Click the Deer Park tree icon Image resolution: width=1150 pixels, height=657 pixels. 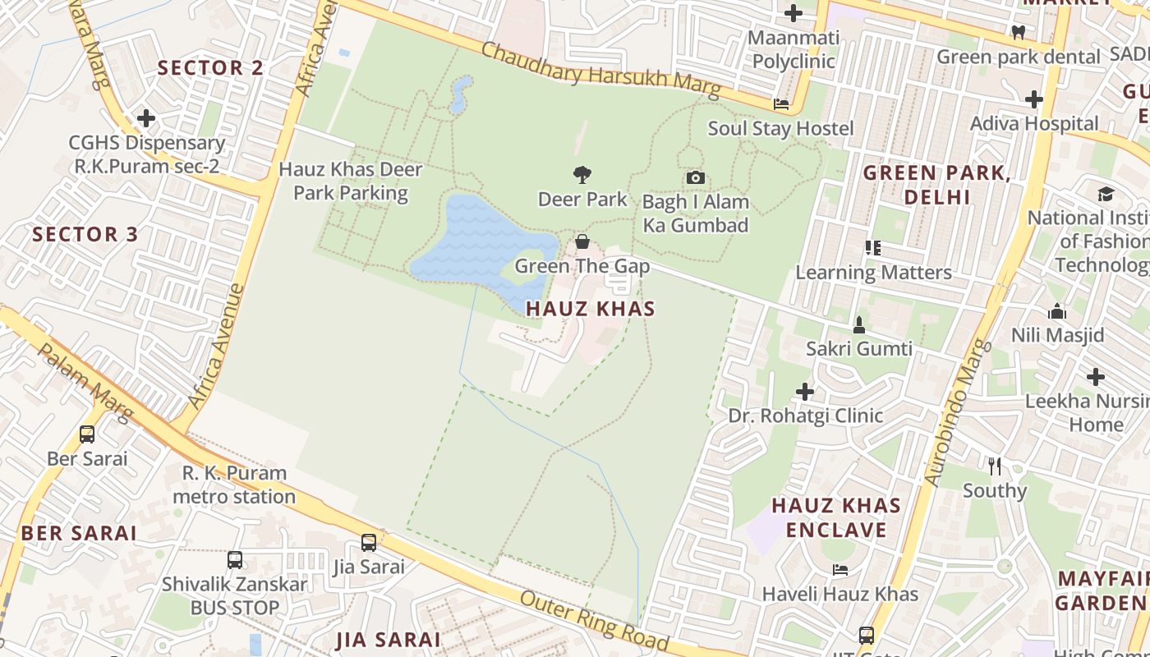tap(582, 175)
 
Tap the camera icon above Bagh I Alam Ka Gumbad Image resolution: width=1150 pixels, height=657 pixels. tap(695, 177)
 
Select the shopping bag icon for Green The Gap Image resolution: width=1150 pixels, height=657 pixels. tap(582, 241)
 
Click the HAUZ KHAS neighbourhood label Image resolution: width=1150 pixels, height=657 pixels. tap(590, 309)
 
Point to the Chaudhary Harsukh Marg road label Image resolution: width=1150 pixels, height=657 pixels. tap(600, 70)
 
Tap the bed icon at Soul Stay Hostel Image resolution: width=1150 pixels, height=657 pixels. tap(781, 104)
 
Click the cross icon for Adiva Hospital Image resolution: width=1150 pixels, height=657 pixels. tap(1033, 99)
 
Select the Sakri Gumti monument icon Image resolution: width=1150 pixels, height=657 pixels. tap(859, 324)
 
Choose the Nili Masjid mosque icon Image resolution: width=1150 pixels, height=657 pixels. tap(1057, 311)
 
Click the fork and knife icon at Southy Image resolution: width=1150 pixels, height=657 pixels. tap(995, 466)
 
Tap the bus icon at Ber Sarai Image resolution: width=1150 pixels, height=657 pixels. tap(87, 434)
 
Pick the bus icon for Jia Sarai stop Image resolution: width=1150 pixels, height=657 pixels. tap(369, 542)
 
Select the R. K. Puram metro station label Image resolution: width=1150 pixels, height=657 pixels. tap(234, 485)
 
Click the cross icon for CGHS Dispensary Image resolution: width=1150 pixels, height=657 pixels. tap(146, 118)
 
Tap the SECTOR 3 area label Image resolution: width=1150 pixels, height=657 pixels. tap(85, 234)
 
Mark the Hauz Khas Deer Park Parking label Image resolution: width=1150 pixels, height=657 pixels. tap(351, 181)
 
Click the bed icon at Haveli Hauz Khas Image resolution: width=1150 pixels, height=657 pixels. tap(839, 569)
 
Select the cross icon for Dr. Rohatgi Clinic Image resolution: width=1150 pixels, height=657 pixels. tap(805, 391)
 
